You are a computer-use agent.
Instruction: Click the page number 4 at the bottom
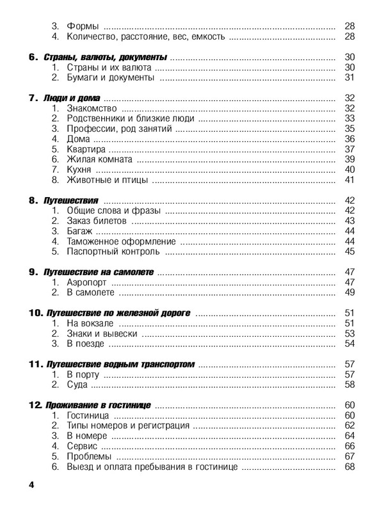point(31,485)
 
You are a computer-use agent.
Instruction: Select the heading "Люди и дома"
point(73,98)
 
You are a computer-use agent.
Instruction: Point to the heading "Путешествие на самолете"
point(99,273)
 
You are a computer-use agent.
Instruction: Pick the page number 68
point(349,467)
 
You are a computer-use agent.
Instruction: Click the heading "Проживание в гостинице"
point(97,406)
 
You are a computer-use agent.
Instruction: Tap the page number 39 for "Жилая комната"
point(349,159)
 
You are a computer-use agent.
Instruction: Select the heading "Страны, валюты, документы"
point(106,57)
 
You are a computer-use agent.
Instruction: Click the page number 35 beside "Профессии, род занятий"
point(349,129)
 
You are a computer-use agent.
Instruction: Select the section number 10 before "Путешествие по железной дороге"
point(35,314)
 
